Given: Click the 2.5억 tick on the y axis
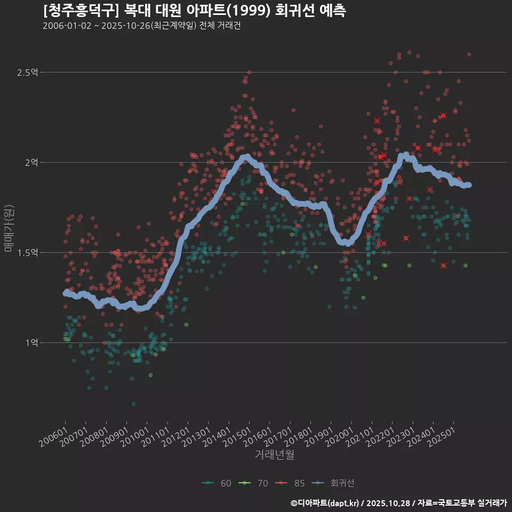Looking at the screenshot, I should click(28, 72).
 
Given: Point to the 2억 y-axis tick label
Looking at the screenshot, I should click(31, 162).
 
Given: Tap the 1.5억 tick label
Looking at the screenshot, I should click(28, 252).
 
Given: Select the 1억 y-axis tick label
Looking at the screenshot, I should click(31, 342).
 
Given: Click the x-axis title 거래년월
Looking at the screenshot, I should click(274, 454).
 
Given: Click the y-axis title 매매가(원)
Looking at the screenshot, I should click(9, 228).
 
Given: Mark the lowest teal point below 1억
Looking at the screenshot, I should click(133, 404).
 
